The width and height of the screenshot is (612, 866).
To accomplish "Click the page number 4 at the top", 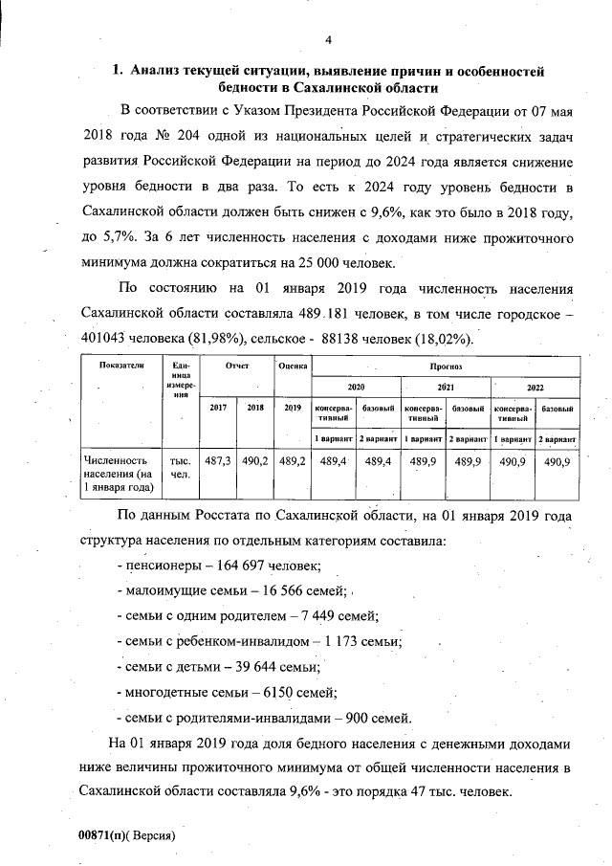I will click(327, 39).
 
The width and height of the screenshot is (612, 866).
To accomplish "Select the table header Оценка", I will click(292, 366).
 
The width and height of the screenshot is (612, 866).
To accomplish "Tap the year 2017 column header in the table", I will click(218, 408).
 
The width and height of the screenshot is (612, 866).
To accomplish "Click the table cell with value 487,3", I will click(218, 461).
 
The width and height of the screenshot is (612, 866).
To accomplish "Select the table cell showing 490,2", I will click(254, 461).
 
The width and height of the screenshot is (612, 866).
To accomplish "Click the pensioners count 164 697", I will click(230, 566).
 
